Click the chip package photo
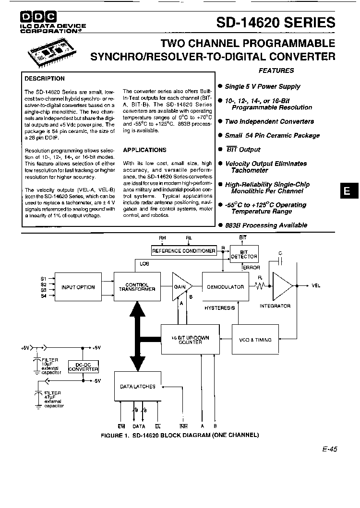(52, 52)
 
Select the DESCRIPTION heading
(45, 79)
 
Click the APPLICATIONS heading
(144, 150)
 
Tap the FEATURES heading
(276, 71)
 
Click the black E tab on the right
(349, 190)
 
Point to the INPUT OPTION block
(78, 287)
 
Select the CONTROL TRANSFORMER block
(137, 287)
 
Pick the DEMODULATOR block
(226, 287)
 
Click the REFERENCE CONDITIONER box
(184, 251)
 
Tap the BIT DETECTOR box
(244, 254)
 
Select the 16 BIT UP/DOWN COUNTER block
(191, 340)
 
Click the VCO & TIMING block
(255, 340)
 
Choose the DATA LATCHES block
(137, 386)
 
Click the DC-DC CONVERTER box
(84, 367)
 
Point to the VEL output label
(316, 286)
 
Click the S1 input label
(44, 279)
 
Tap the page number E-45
(330, 449)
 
